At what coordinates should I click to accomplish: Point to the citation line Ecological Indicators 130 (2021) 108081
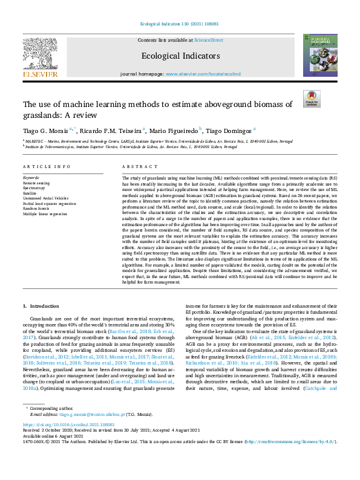point(180,24)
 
